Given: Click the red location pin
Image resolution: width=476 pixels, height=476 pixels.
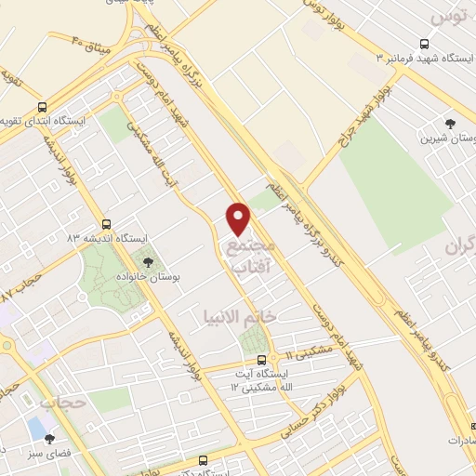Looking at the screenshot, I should pyautogui.click(x=239, y=217).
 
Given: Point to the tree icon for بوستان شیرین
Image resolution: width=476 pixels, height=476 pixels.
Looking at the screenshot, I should pyautogui.click(x=452, y=123).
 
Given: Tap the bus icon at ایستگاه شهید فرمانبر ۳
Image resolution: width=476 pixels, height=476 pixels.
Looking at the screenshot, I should pyautogui.click(x=425, y=43).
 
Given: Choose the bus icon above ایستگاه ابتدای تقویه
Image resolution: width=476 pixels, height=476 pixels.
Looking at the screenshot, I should pyautogui.click(x=42, y=106).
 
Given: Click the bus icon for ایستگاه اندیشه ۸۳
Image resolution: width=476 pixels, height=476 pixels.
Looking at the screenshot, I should pyautogui.click(x=106, y=223).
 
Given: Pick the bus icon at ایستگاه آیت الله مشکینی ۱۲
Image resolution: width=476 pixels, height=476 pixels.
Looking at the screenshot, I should pyautogui.click(x=260, y=359).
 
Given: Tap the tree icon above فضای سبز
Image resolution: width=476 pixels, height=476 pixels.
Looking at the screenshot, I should pyautogui.click(x=49, y=439).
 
